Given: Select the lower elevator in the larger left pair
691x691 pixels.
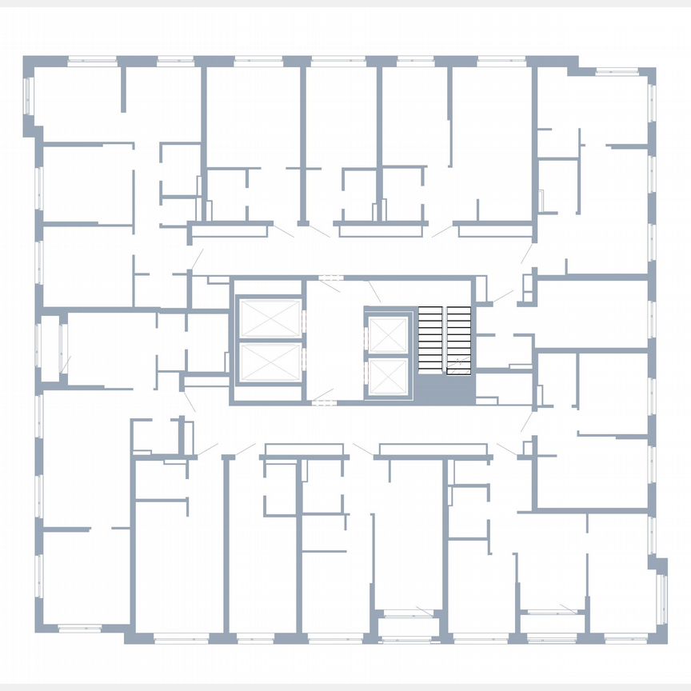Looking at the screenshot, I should pos(270,361).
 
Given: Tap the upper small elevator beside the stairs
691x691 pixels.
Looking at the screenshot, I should pos(389,334).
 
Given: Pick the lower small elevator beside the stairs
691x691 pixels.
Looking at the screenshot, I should pos(389,375).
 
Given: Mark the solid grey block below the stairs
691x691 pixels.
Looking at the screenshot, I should pos(444,390).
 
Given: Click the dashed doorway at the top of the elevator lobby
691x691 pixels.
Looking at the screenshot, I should pos(329,278).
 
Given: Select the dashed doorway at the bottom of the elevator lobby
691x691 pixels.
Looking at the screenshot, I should pos(322,401).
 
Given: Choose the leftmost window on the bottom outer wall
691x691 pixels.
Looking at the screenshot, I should pos(80,629).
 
